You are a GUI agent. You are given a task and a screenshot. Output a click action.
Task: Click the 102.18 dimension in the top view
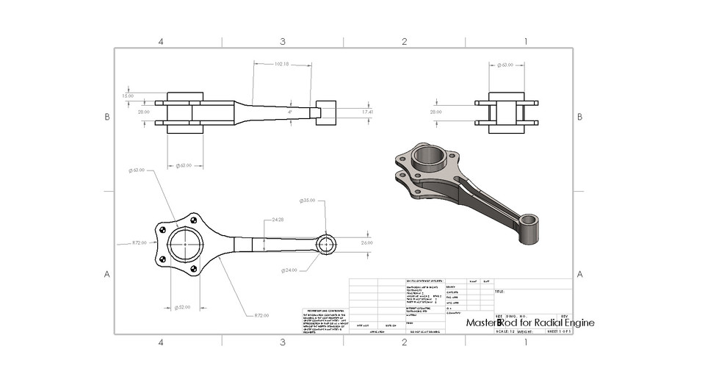(281, 64)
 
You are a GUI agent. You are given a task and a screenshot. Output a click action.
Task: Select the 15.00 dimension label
(128, 96)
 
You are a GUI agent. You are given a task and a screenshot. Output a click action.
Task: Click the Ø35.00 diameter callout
(308, 201)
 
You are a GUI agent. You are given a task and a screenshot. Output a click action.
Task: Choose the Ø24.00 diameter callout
(289, 270)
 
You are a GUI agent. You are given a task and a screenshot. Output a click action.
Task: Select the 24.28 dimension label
(278, 220)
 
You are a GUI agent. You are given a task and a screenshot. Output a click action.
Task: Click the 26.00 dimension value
(366, 242)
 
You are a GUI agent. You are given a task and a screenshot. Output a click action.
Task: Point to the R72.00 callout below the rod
(261, 315)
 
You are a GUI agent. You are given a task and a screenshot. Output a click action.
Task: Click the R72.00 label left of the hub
(139, 242)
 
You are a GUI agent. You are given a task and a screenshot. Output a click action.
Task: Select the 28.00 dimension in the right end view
(436, 112)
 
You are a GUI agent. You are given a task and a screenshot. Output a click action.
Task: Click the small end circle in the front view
(327, 244)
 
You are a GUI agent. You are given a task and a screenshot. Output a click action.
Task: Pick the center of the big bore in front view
(184, 244)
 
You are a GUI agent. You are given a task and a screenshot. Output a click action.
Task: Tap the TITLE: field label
(499, 292)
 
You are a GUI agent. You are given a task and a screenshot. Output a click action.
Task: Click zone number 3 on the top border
(282, 41)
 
